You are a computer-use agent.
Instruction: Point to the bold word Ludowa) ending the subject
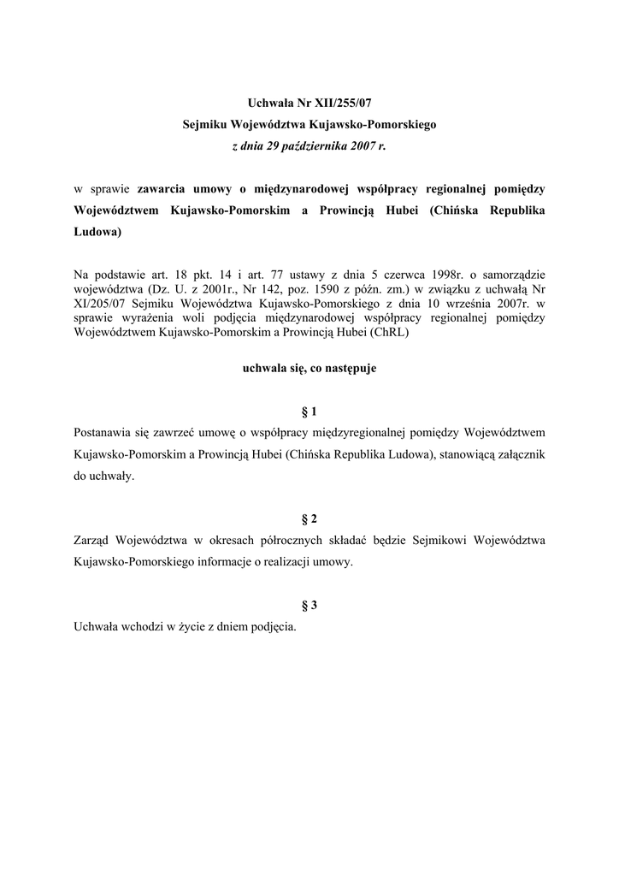click(98, 231)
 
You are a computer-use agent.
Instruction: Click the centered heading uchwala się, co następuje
click(309, 369)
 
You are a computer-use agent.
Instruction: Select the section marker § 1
click(309, 412)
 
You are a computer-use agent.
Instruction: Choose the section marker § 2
click(309, 519)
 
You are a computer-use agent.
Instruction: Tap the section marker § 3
click(309, 605)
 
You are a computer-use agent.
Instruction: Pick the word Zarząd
click(95, 541)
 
